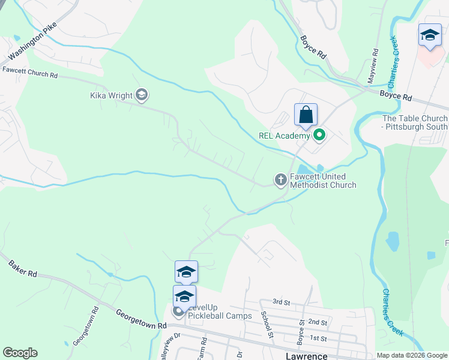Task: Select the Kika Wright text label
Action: pos(111,95)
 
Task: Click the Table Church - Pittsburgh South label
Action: pos(414,123)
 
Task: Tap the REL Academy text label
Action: pos(283,136)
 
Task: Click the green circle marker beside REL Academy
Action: pos(318,135)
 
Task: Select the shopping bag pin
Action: pos(306,115)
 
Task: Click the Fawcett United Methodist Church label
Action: pos(323,181)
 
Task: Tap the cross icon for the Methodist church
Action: pos(280,179)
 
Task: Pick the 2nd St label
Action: pos(318,322)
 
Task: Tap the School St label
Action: pos(267,325)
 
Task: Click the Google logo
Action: pos(20,353)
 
